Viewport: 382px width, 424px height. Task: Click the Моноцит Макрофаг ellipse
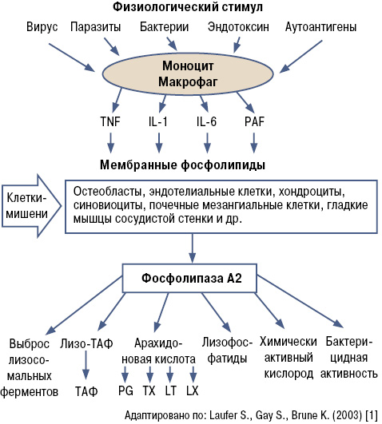[x=188, y=73]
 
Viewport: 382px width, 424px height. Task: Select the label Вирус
[x=42, y=27]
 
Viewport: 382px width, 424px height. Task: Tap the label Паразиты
[x=96, y=27]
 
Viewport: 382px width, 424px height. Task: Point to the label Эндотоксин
[x=238, y=27]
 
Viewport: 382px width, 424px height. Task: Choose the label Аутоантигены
[x=320, y=27]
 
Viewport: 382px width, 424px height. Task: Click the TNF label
[x=110, y=121]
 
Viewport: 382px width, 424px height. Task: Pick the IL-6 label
[x=206, y=121]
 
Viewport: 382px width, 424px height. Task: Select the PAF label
[x=254, y=121]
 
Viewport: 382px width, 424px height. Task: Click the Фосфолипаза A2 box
[x=189, y=278]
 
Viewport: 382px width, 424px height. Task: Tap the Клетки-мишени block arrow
[x=31, y=206]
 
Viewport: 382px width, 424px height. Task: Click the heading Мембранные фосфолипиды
[x=182, y=164]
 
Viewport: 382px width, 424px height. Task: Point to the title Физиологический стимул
[x=188, y=6]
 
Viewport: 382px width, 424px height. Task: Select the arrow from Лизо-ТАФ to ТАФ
[x=86, y=365]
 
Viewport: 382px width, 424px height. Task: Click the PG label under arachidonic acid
[x=125, y=390]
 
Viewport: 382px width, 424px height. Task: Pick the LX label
[x=193, y=390]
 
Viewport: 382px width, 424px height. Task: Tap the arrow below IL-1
[x=159, y=143]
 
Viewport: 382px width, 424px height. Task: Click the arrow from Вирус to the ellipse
[x=72, y=57]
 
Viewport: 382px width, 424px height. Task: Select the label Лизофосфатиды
[x=227, y=351]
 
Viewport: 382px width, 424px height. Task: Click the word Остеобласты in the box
[x=107, y=192]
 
